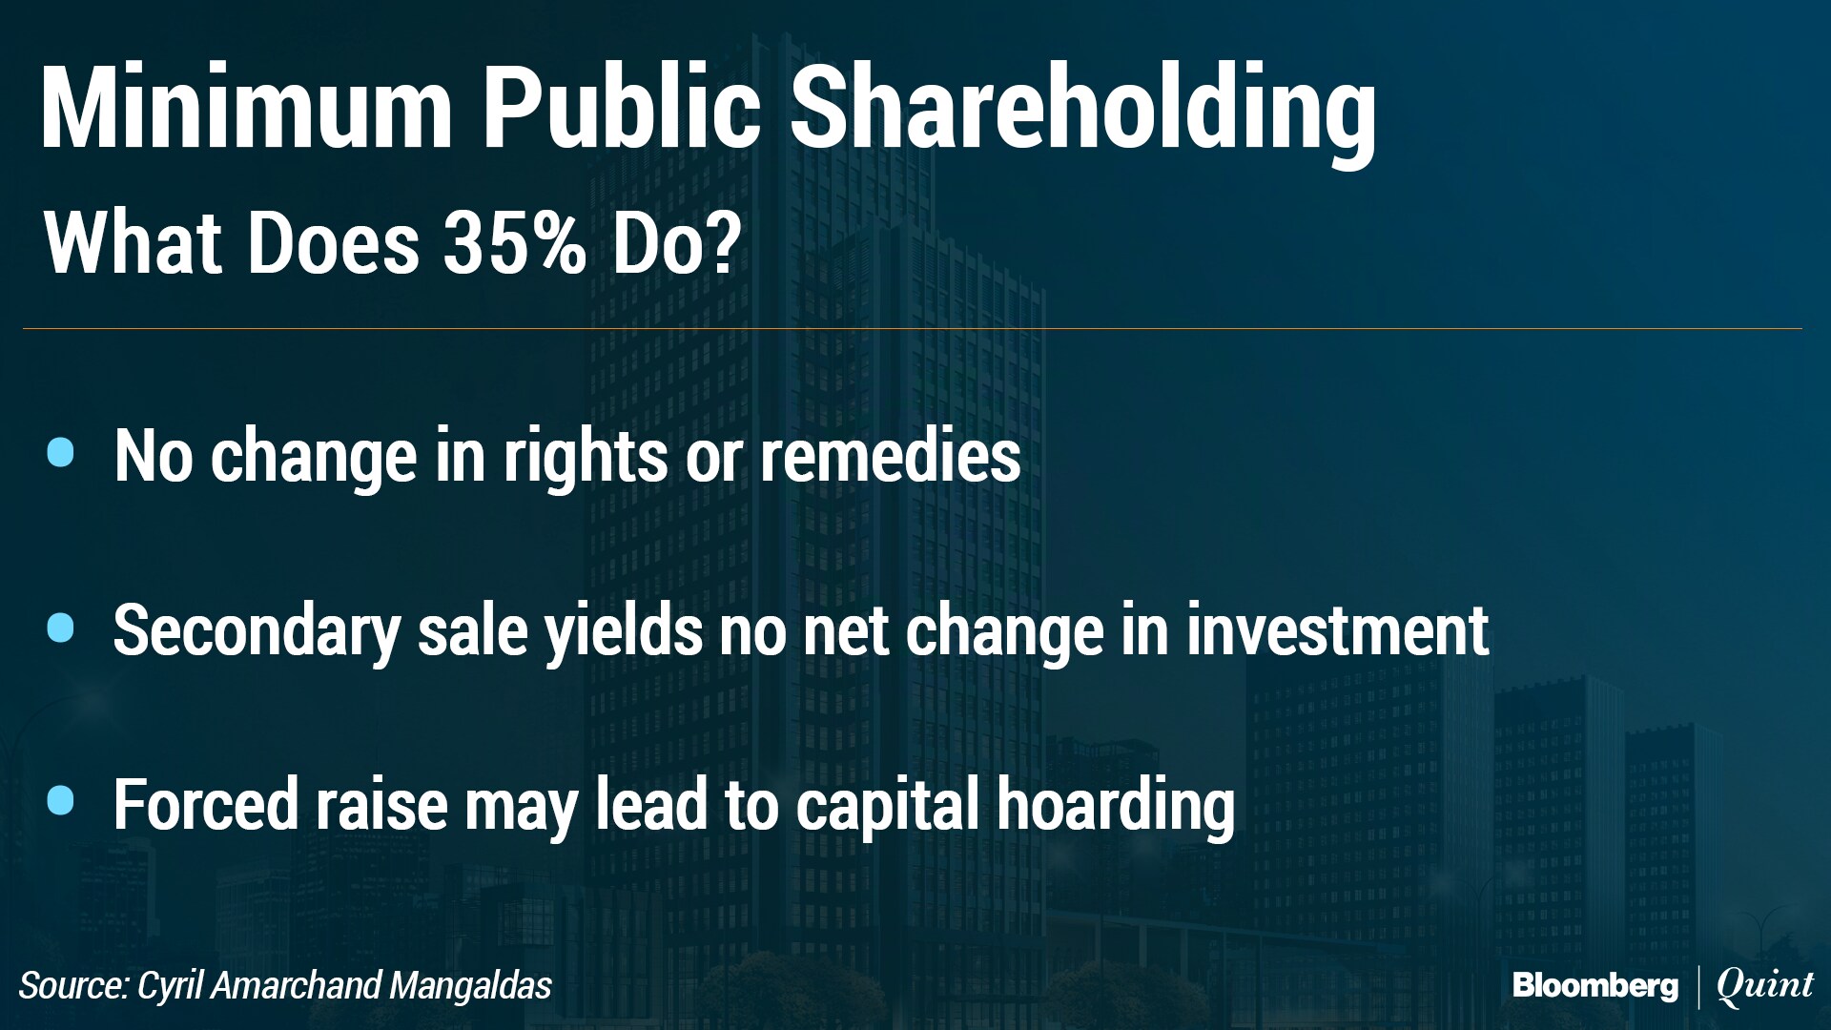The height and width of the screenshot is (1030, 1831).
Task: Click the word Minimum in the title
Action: click(247, 107)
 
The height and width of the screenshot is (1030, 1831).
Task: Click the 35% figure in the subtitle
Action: click(515, 242)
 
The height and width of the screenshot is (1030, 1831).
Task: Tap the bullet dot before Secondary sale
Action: click(60, 628)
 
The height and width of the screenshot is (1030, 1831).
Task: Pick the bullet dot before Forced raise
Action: click(60, 801)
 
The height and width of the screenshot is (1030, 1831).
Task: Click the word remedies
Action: click(891, 455)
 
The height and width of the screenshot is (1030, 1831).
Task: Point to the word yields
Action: click(624, 634)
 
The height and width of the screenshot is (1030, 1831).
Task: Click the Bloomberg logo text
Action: click(1595, 986)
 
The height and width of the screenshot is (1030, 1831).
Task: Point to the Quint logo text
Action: click(1765, 986)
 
